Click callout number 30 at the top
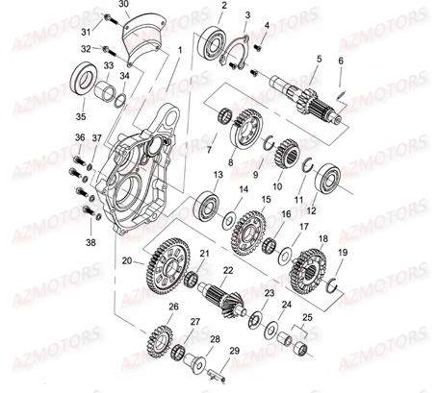(122, 6)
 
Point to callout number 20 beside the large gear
(126, 260)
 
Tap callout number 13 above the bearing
(218, 174)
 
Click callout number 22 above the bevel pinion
(227, 269)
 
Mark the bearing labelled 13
(208, 203)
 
